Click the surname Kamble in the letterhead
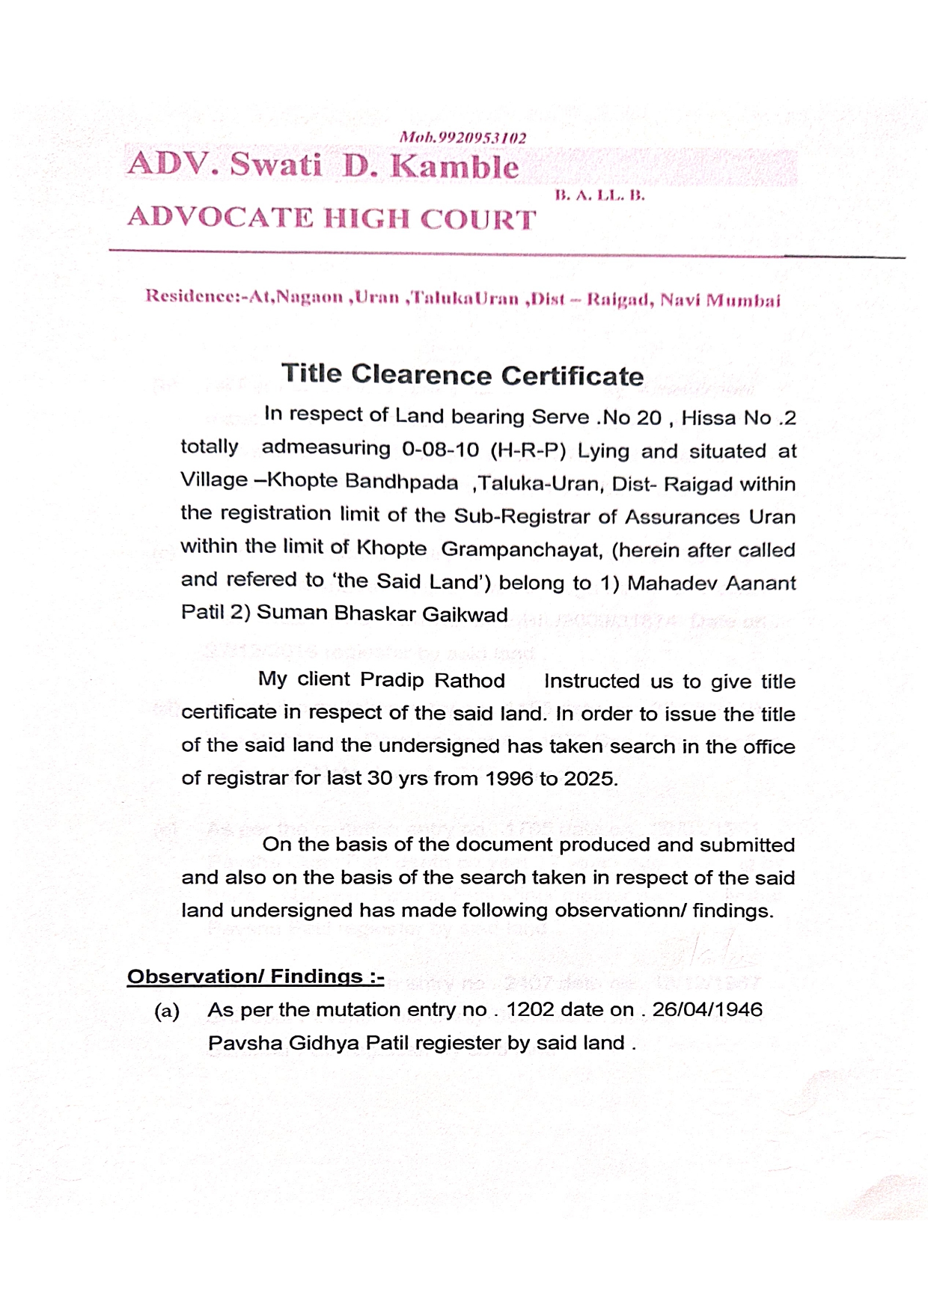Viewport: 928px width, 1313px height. pyautogui.click(x=454, y=166)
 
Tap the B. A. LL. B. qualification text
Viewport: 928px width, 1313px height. pyautogui.click(x=599, y=196)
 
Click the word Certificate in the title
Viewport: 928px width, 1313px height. pyautogui.click(x=572, y=376)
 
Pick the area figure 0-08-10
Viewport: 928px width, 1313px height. pyautogui.click(x=440, y=449)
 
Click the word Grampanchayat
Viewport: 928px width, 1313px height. pyautogui.click(x=522, y=550)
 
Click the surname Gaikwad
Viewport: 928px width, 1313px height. pyautogui.click(x=465, y=615)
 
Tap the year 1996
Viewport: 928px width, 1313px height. pyautogui.click(x=510, y=779)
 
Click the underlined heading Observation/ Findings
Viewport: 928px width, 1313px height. pyautogui.click(x=255, y=976)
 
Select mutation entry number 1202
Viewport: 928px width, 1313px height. pyautogui.click(x=530, y=1010)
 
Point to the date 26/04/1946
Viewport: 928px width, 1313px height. pyautogui.click(x=706, y=1010)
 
